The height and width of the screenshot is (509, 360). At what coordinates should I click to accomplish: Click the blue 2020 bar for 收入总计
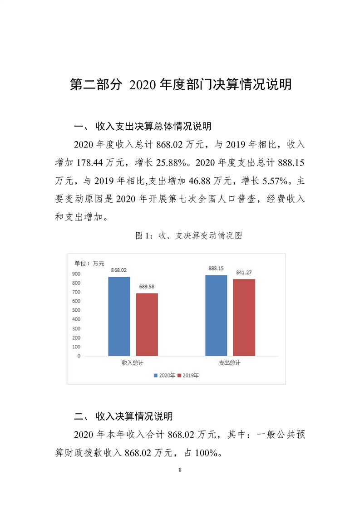click(119, 316)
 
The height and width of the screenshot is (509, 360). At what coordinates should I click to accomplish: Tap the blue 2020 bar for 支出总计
click(216, 315)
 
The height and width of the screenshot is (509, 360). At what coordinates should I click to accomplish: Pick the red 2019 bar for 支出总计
click(244, 317)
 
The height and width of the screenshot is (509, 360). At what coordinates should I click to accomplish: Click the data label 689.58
click(147, 287)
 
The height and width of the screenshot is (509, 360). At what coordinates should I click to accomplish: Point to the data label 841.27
click(244, 273)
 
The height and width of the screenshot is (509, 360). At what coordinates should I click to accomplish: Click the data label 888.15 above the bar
click(216, 269)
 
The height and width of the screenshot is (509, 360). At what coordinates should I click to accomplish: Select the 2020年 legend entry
click(165, 376)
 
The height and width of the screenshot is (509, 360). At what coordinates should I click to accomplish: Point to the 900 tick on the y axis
click(76, 274)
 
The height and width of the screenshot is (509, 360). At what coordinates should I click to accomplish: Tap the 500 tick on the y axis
click(76, 310)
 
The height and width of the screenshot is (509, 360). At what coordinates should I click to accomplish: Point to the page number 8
click(180, 469)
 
